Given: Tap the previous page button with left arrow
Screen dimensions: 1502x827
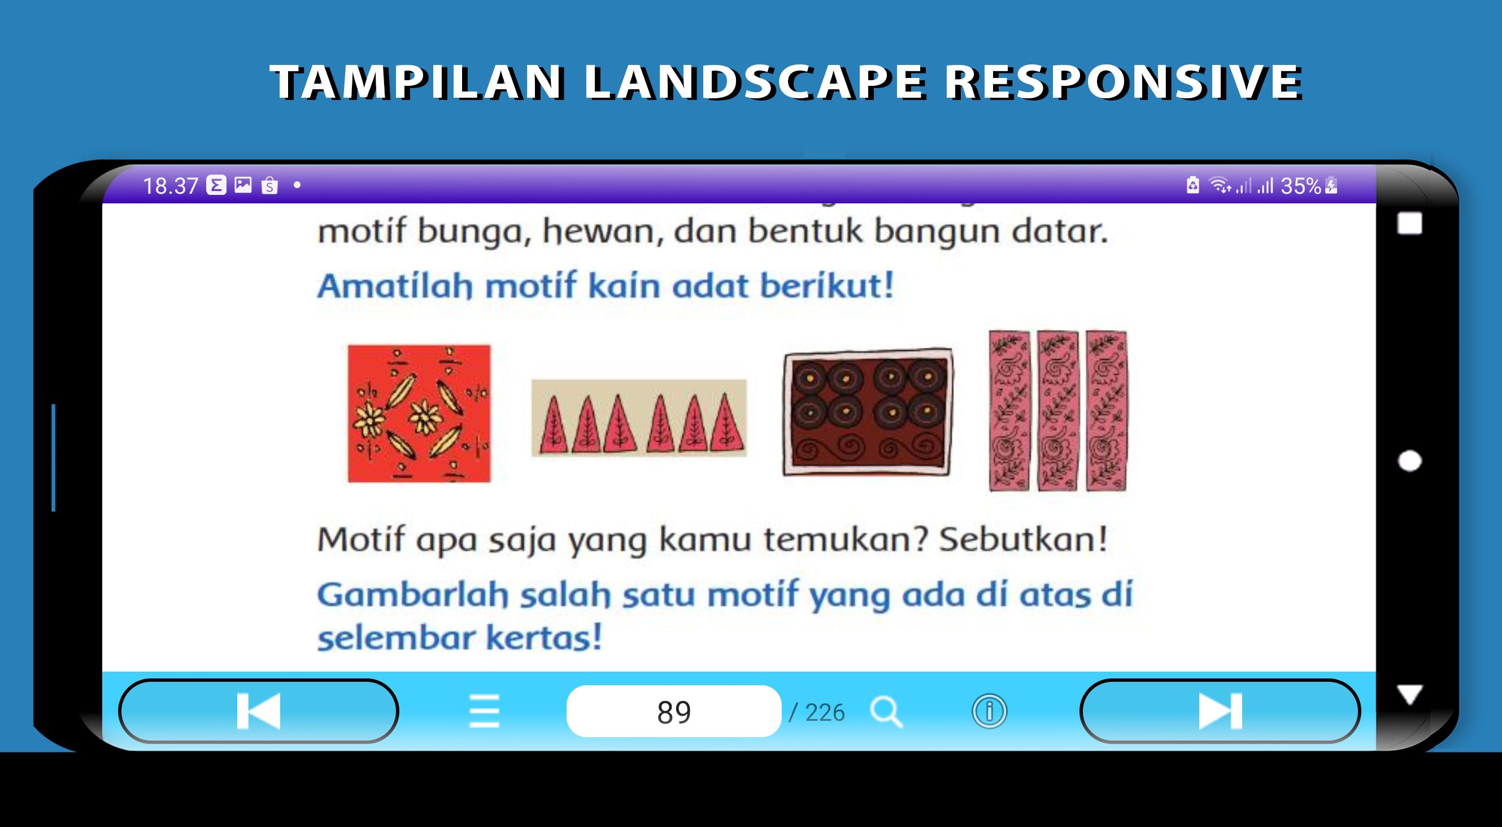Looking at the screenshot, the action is pos(258,711).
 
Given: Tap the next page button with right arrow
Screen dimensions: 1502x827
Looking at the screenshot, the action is pos(1220,711).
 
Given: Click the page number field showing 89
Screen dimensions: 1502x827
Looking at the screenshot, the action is pos(673,712).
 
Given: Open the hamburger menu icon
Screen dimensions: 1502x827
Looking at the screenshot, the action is pos(484,712).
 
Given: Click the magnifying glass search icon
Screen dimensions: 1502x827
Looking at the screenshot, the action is pos(886,712).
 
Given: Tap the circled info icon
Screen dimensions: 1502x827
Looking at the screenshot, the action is pos(989,712).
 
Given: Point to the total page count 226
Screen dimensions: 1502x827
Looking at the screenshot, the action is pos(825,713).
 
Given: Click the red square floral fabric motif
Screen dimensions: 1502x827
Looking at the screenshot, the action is pos(419,414).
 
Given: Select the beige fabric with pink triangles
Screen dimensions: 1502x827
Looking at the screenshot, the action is pos(638,417).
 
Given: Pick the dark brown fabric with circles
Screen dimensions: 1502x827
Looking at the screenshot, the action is pos(868,412).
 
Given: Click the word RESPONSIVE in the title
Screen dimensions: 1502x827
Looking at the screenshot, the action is pos(1123,82).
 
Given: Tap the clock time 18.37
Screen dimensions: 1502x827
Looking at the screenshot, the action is pos(170,186).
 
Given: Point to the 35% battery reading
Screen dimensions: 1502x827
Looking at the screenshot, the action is pos(1300,186).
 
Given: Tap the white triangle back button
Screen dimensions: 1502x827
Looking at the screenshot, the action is pos(1409,695).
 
